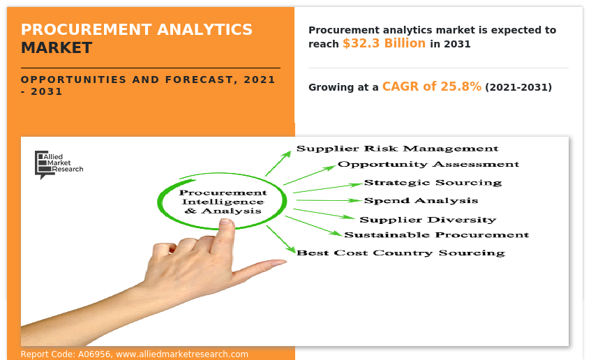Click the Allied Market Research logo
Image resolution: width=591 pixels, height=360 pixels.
tap(59, 165)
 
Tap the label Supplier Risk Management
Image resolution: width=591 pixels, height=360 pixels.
tap(397, 149)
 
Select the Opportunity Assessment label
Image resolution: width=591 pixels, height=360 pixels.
tap(428, 165)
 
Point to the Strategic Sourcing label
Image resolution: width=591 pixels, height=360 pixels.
tap(433, 183)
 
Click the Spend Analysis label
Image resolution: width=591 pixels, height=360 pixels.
tap(421, 201)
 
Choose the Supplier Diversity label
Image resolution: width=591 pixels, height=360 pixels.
tap(428, 219)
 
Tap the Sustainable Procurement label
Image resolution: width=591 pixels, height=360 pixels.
tap(437, 235)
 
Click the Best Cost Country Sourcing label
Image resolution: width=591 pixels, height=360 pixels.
tap(401, 253)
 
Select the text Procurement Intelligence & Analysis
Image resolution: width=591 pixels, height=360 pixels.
tap(223, 202)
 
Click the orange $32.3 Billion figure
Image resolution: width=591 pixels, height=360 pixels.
tap(384, 43)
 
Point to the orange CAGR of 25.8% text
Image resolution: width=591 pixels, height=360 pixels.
tap(432, 87)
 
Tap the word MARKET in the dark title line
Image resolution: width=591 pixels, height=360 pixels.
tap(57, 48)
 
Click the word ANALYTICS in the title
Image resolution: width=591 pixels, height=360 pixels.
tap(204, 29)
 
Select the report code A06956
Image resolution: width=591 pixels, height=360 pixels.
tap(94, 354)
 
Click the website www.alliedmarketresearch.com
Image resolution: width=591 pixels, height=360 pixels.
tap(182, 354)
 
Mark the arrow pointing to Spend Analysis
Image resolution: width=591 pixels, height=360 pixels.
tap(329, 200)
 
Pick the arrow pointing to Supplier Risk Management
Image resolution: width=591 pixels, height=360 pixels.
tap(278, 163)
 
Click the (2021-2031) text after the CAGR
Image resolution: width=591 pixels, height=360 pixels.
tap(518, 87)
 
